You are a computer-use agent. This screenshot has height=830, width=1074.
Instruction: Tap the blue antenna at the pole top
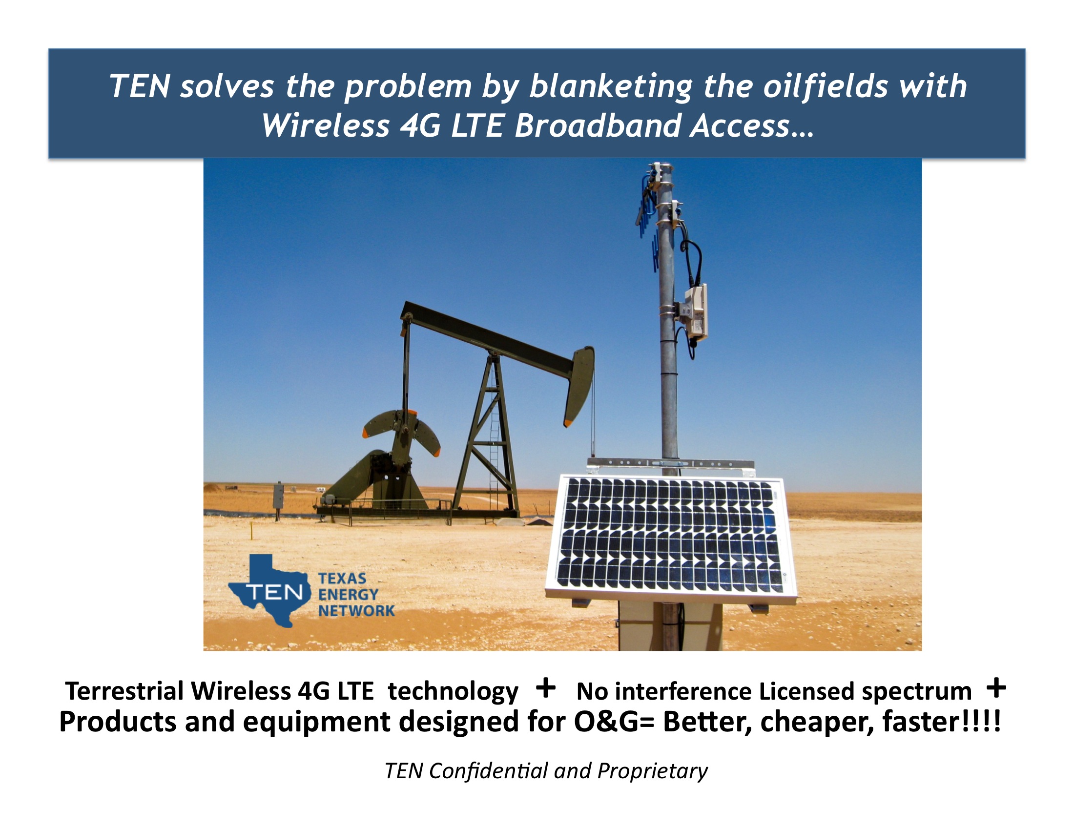[647, 221]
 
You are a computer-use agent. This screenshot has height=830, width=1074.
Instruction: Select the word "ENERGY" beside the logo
[348, 595]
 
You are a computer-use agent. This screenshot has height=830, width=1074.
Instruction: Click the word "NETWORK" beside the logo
[356, 611]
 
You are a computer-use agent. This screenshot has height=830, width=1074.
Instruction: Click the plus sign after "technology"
[546, 687]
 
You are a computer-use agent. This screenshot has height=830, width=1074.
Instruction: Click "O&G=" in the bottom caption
[614, 722]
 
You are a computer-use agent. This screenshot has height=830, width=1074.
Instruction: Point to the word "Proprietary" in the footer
[653, 771]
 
